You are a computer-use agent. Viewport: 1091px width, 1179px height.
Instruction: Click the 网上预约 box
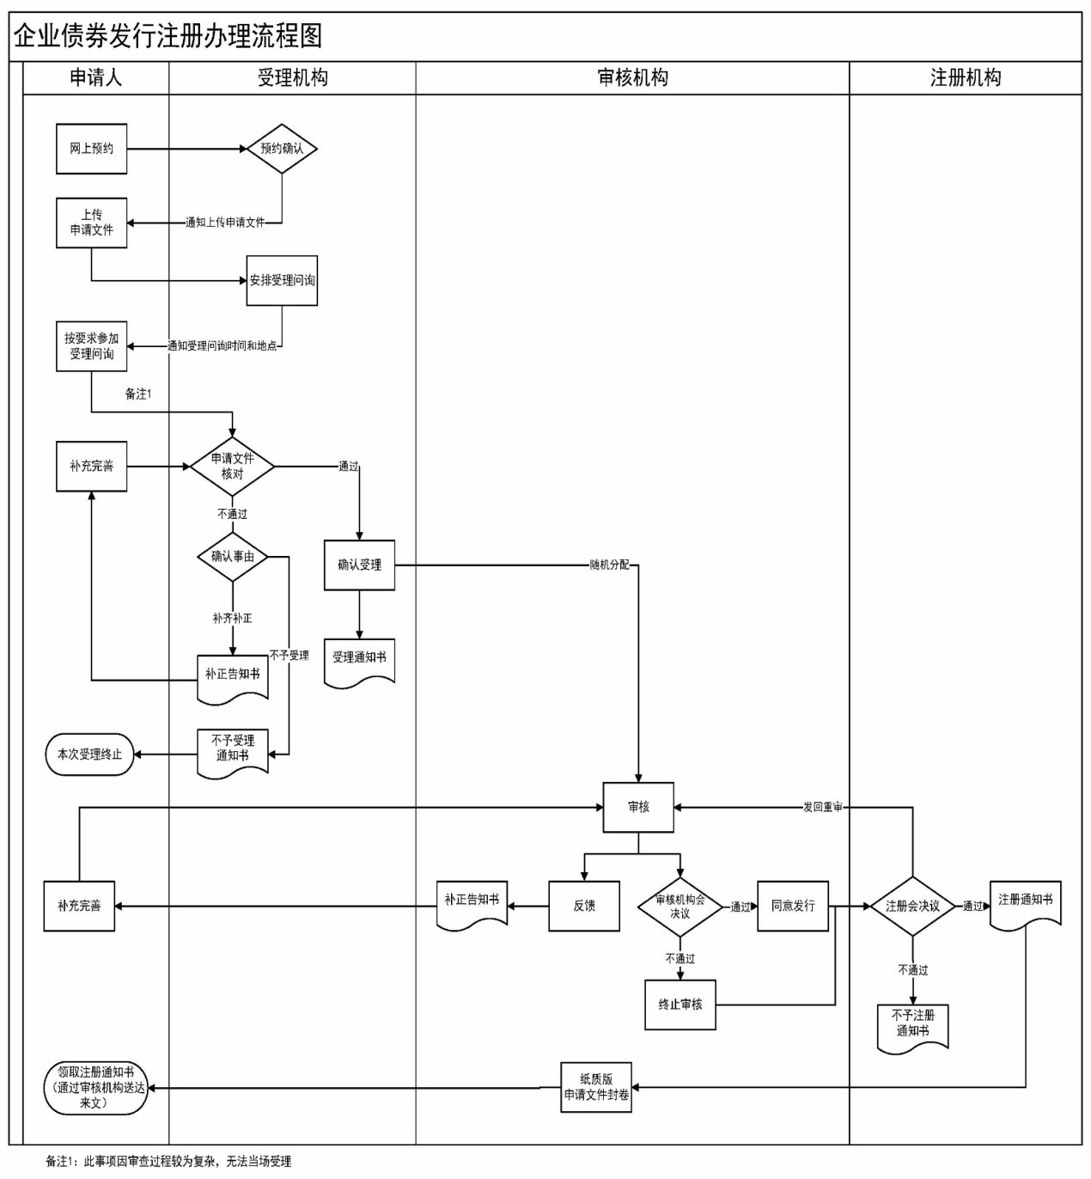pos(91,149)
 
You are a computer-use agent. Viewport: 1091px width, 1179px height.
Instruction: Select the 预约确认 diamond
pos(282,149)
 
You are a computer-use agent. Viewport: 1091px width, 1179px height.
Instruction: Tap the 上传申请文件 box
pos(91,223)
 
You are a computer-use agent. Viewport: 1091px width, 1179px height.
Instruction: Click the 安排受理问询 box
pos(282,280)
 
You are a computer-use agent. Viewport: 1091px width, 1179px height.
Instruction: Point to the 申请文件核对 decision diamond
pos(232,467)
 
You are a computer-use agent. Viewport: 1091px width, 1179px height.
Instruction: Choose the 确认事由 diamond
pos(232,557)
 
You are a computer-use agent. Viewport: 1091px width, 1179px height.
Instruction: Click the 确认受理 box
pos(359,565)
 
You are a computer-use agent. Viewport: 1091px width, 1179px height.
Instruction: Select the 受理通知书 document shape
pos(359,660)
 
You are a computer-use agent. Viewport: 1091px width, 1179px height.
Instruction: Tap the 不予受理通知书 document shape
pos(232,750)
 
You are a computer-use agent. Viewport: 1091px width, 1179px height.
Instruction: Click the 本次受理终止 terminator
pos(90,754)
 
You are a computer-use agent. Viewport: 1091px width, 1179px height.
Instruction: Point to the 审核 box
pos(638,807)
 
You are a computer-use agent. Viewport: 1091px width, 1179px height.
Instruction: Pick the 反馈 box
pos(584,906)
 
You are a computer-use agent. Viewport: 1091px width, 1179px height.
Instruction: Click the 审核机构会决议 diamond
pos(680,907)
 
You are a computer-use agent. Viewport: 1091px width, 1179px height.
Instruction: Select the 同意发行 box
pos(793,906)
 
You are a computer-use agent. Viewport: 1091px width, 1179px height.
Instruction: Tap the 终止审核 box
pos(680,1005)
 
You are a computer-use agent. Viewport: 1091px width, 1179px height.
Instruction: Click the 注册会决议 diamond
pos(912,906)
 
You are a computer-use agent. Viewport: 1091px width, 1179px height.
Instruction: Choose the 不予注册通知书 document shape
pos(912,1025)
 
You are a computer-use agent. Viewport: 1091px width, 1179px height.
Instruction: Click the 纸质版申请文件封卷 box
pos(596,1088)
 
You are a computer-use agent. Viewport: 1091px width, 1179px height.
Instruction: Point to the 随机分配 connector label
pos(609,565)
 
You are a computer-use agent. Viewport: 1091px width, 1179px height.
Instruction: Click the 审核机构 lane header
pos(632,77)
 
